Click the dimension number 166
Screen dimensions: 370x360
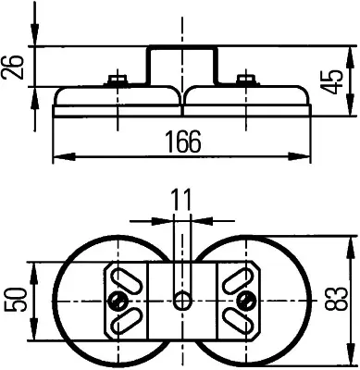pos(181,142)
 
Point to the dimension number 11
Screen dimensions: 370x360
pos(182,200)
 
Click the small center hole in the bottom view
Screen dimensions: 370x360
pos(182,301)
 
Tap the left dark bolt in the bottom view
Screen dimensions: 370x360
pos(118,301)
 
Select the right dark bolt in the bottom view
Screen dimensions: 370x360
pos(245,301)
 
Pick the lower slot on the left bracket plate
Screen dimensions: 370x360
pos(124,323)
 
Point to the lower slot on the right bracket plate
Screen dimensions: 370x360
pos(240,323)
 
